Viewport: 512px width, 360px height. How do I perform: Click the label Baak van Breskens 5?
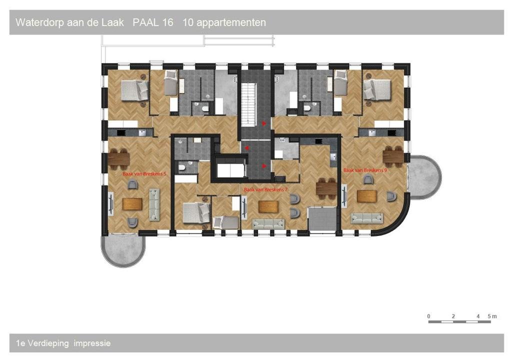point(144,174)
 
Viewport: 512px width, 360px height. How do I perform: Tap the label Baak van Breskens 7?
point(266,189)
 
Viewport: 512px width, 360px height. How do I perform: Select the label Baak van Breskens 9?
point(365,170)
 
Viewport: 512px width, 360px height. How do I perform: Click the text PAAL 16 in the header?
point(153,22)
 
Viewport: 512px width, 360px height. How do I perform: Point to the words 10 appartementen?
point(224,23)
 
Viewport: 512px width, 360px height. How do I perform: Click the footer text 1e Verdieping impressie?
point(63,343)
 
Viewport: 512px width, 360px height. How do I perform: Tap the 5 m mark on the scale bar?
point(492,316)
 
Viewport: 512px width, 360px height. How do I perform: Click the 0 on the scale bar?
point(428,316)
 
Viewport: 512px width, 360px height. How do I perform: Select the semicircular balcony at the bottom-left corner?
point(123,250)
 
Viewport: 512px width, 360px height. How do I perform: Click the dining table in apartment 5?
point(118,159)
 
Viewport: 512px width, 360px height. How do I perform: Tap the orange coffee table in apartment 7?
point(268,207)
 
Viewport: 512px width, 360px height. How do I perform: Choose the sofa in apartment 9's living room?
point(366,218)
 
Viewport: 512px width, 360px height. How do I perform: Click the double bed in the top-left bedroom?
point(134,90)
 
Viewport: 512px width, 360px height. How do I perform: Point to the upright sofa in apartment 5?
point(154,204)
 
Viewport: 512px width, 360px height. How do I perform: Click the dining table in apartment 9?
point(393,156)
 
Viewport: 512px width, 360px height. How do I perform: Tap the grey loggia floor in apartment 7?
point(322,218)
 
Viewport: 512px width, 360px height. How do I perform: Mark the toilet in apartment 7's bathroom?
point(182,168)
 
